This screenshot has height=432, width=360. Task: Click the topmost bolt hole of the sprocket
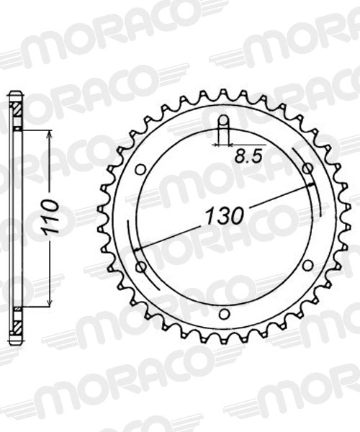point(224,120)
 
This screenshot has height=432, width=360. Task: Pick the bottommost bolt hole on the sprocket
point(224,314)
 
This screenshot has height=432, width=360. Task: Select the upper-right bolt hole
point(307,168)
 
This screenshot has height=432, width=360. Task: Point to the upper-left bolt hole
point(140,168)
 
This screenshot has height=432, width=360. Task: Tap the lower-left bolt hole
point(140,266)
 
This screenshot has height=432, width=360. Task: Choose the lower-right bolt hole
point(307,266)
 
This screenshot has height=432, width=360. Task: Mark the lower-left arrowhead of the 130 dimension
point(137,249)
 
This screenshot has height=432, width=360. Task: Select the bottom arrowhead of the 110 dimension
point(49,302)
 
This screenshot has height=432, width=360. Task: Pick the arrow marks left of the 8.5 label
point(217,144)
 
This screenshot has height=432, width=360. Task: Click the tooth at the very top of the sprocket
point(224,94)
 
